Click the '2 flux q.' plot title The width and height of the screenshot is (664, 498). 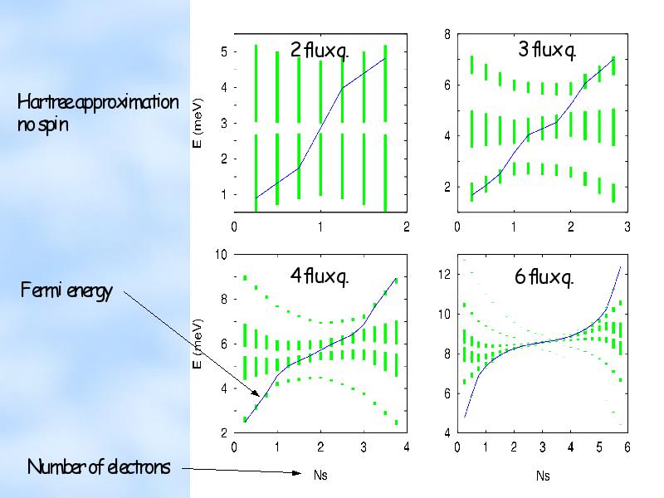[319, 51]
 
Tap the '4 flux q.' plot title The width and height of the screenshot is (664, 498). [319, 276]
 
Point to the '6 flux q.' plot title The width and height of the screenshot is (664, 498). [544, 277]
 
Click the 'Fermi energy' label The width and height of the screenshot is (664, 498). [66, 292]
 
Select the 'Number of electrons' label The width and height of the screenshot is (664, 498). [99, 466]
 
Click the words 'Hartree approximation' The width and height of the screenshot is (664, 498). [98, 102]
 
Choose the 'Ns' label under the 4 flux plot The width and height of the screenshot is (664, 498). [320, 476]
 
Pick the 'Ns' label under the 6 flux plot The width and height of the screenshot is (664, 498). [543, 476]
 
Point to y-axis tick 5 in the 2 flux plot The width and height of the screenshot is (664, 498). [223, 52]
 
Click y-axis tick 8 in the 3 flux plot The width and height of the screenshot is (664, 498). [448, 34]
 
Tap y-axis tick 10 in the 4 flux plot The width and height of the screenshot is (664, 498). [222, 254]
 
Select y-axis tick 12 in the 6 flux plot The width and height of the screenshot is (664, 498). [444, 274]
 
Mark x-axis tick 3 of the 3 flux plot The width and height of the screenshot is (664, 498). [627, 226]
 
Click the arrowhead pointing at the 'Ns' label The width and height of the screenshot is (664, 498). [297, 474]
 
